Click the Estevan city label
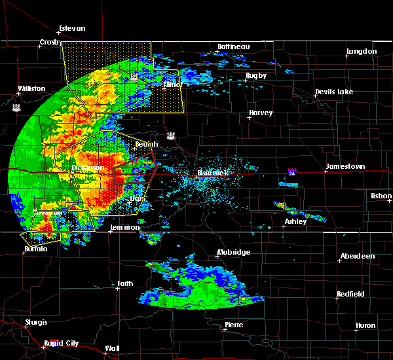[71, 28]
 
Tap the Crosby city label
[49, 42]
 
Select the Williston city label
[31, 88]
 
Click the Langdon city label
[362, 51]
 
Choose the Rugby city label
[256, 75]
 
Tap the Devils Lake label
[333, 92]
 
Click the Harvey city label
[260, 113]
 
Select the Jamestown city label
[346, 166]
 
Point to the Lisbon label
[381, 196]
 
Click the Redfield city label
[350, 295]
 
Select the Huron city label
[365, 325]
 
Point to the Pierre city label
[234, 325]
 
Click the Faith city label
[125, 283]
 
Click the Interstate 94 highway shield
[291, 172]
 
